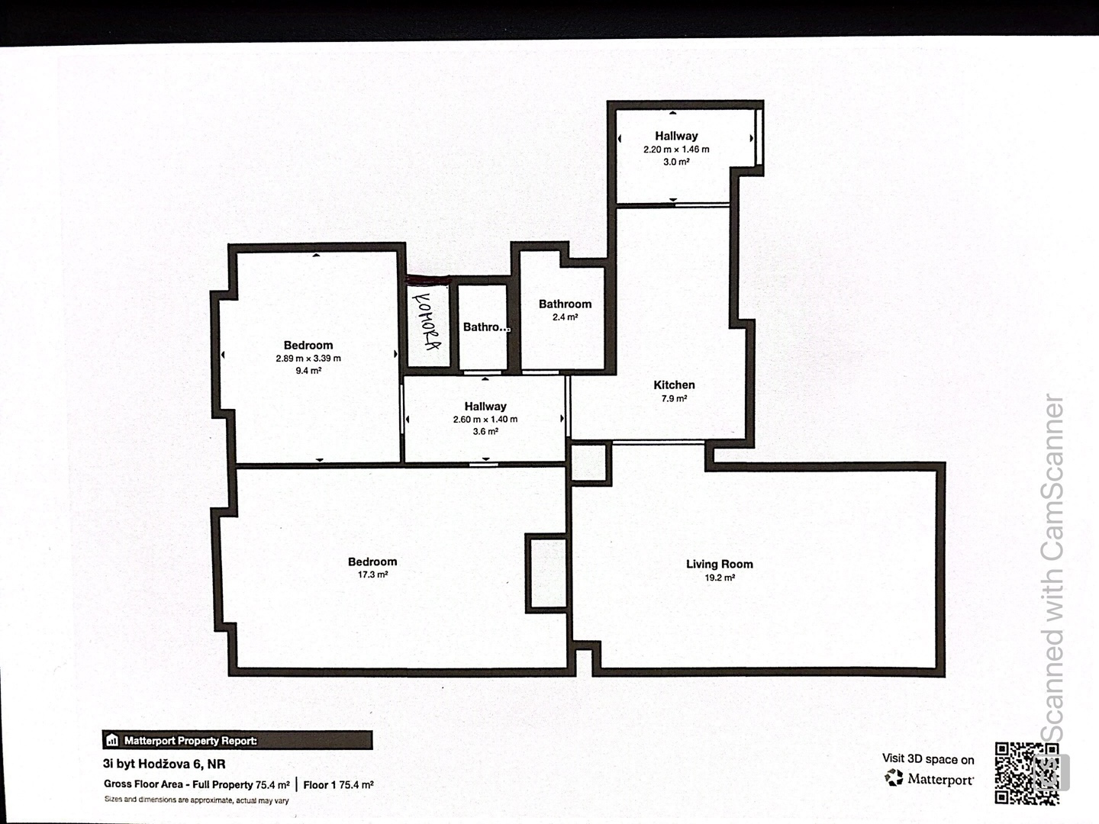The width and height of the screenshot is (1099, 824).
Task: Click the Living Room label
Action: (720, 565)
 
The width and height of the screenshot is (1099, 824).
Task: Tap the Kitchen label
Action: (674, 385)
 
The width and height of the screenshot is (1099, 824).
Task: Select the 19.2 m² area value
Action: (720, 578)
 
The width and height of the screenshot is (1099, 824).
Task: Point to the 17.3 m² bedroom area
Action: (372, 575)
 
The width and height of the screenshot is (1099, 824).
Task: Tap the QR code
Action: (1026, 774)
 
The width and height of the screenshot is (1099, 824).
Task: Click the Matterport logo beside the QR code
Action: (929, 778)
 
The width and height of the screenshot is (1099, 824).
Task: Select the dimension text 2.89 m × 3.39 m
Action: (308, 359)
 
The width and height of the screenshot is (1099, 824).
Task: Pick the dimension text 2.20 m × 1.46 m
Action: (676, 149)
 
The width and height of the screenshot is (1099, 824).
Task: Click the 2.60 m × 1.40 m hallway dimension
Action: (485, 420)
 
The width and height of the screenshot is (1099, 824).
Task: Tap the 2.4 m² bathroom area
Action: (566, 317)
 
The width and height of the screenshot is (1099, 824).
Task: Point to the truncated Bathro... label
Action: (486, 327)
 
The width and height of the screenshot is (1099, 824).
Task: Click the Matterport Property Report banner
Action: (237, 740)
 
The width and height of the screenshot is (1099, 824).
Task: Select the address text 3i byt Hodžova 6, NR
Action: (164, 764)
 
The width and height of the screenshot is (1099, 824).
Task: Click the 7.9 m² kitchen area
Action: (674, 399)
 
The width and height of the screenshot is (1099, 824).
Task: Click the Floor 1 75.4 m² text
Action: (338, 784)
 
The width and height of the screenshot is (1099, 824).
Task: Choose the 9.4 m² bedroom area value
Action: (308, 371)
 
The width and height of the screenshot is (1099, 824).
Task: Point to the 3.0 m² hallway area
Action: (676, 162)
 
